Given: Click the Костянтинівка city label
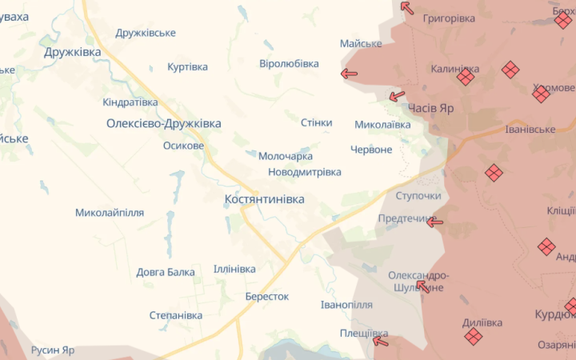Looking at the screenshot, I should tap(265, 199).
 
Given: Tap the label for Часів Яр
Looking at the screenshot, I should tap(430, 109).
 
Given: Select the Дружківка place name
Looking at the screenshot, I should tap(73, 52).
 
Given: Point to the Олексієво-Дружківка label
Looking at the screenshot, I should tap(163, 124).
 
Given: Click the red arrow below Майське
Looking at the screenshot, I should tap(349, 74).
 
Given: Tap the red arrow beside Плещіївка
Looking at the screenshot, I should tap(381, 342).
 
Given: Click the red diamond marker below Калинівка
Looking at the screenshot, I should tap(466, 78).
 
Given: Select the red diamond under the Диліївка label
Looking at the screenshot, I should tap(474, 337).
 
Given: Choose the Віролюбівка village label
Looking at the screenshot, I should tap(289, 64).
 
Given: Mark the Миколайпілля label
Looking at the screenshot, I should tap(110, 213).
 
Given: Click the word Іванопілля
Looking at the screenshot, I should tap(346, 306).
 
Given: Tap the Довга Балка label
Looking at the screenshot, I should tap(165, 272).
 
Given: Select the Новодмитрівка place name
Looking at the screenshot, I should tap(304, 172).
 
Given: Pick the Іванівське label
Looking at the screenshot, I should tap(530, 130).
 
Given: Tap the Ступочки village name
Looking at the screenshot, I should tap(418, 196).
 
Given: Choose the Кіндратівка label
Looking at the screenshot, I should tap(130, 102).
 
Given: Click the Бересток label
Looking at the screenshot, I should tap(267, 296).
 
